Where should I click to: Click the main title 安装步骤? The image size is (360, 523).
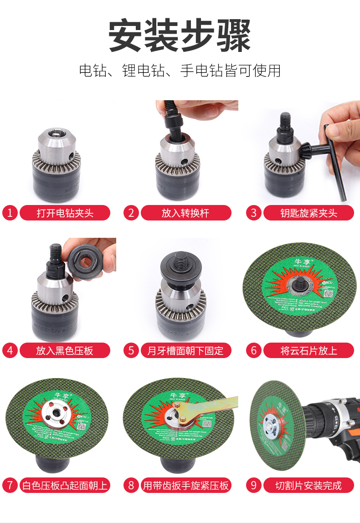pos(180,36)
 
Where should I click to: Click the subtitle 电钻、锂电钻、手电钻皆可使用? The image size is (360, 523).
pos(180,71)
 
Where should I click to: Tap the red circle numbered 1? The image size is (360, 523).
pos(10,213)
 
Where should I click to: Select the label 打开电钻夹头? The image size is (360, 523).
pos(65,213)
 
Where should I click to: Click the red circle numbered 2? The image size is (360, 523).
pos(131,213)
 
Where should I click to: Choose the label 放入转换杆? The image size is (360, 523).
pos(185,213)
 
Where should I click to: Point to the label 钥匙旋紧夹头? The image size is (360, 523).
pos(309,213)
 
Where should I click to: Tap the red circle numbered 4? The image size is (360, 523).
pos(10,350)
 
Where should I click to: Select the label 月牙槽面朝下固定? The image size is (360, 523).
pos(185,350)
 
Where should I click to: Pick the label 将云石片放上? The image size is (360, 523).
pos(309,350)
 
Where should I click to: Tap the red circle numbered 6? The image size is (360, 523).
pos(254,350)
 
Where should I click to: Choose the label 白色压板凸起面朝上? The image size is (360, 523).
pos(65,485)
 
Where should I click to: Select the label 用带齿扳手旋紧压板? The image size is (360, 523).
pos(185,485)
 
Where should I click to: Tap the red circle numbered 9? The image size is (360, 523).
pos(254,485)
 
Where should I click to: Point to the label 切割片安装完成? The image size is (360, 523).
pos(309,485)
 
